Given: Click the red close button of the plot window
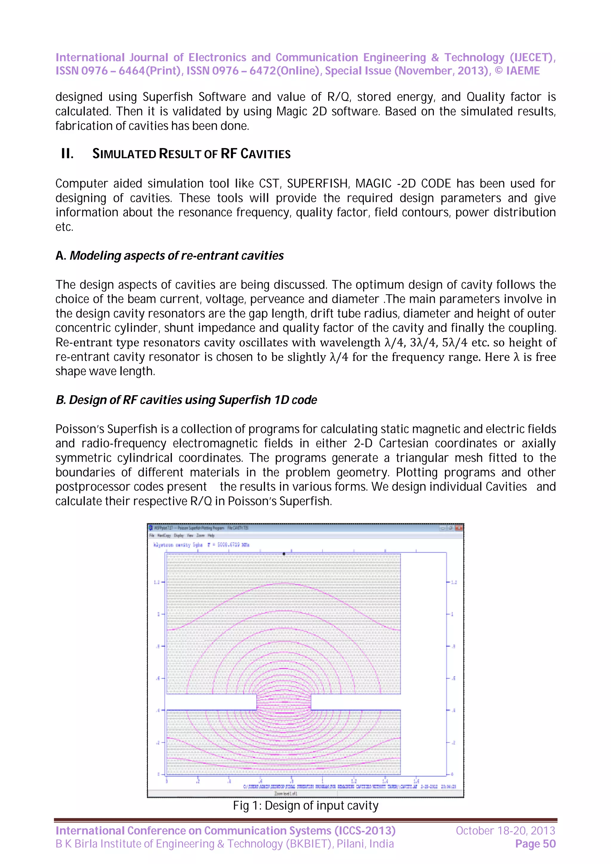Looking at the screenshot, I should pos(459,528).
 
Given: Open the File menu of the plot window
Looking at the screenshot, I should pos(152,535).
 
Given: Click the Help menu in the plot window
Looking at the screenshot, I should pos(211,535).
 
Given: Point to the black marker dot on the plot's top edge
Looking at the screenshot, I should pos(284,554).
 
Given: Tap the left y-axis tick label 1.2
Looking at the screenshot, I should pos(157,582).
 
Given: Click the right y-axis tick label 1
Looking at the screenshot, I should pos(452,614).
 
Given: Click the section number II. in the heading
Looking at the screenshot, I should pos(67,154).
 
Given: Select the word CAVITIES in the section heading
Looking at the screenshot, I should pos(266,154).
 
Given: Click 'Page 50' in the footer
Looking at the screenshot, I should pos(535,844).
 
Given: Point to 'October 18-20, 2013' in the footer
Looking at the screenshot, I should pos(505,831).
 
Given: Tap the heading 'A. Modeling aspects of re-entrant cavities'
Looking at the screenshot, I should pos(169,256).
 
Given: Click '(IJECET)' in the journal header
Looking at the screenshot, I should pos(532,57).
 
